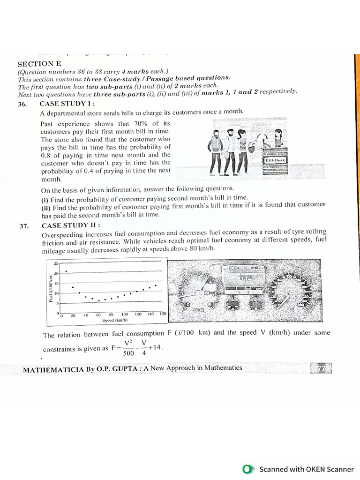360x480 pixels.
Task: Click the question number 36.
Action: point(22,104)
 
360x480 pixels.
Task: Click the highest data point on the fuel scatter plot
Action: point(66,271)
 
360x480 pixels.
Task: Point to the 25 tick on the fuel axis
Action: point(56,264)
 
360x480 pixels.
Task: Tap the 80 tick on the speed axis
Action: point(111,315)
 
